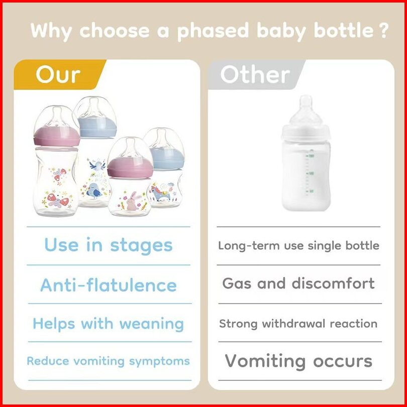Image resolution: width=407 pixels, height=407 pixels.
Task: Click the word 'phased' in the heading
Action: [x=213, y=31]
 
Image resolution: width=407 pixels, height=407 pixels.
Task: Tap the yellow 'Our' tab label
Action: [x=58, y=74]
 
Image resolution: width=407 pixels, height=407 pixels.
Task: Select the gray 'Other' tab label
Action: [x=255, y=74]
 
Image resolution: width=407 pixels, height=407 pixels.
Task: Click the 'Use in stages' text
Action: [x=108, y=245]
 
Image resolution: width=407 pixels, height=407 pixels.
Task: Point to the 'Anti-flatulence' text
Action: [x=109, y=285]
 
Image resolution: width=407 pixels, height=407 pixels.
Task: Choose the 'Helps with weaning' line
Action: [x=108, y=324]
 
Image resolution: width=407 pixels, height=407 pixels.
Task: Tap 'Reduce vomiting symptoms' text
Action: [x=108, y=361]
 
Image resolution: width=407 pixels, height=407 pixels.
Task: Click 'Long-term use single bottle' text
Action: [x=298, y=246]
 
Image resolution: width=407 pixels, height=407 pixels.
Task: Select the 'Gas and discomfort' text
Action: [x=298, y=283]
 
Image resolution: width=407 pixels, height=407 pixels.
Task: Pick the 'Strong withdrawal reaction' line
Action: [x=298, y=324]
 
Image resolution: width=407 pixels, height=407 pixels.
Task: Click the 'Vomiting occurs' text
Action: [x=298, y=361]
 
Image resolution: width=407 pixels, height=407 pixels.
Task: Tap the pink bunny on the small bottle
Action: [x=132, y=201]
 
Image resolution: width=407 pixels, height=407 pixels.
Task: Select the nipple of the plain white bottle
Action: [x=306, y=110]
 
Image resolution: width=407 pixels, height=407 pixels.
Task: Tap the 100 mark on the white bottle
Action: [x=311, y=173]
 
